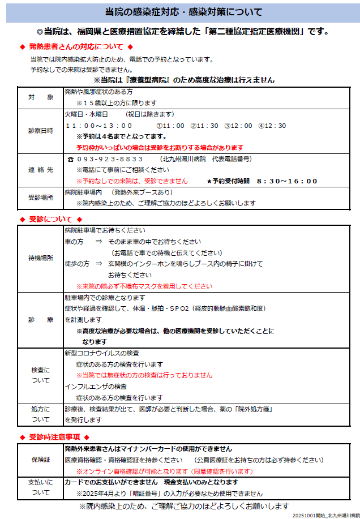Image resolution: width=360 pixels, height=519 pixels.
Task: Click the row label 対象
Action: pos(41,97)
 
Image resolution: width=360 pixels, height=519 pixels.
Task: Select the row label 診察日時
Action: pos(41,131)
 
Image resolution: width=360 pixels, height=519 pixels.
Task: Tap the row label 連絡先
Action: pos(41,170)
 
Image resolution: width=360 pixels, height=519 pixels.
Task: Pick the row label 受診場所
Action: pos(41,198)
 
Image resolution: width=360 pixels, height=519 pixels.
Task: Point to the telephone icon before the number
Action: pos(70,160)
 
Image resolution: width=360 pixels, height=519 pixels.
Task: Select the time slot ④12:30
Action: pos(272,126)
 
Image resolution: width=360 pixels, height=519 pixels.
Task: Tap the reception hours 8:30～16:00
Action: pos(287,181)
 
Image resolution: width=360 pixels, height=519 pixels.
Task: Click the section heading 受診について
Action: pos(51,219)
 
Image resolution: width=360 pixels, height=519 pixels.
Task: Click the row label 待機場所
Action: pos(41,258)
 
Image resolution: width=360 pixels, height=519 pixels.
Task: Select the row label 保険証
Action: pos(41,460)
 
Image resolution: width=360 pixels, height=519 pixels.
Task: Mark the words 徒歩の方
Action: pos(77,264)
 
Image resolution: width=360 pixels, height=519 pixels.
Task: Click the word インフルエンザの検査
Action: pos(96,387)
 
